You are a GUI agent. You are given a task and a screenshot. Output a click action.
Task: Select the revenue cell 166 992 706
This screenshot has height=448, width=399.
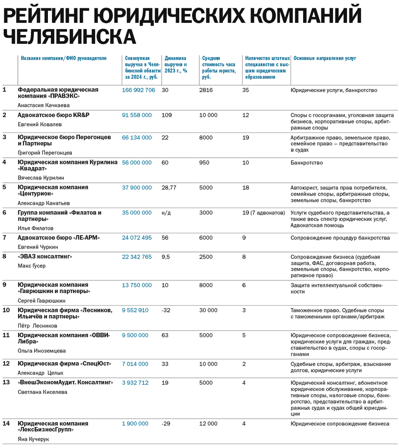tap(138, 90)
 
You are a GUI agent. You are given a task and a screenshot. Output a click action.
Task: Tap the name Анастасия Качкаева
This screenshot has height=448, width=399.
tap(43, 105)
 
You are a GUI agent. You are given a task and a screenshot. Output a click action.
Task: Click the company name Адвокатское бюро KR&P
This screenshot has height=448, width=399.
tap(53, 115)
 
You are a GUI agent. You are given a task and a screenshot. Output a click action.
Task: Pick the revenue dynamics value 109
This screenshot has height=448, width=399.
tap(167, 115)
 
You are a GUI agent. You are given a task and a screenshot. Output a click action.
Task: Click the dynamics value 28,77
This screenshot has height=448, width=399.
tap(169, 188)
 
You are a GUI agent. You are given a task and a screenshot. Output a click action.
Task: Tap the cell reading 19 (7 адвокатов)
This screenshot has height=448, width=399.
tap(263, 213)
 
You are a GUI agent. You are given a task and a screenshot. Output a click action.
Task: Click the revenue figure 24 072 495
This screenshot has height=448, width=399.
tap(137, 238)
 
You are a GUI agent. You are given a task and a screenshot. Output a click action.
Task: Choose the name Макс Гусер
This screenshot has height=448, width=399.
tap(32, 266)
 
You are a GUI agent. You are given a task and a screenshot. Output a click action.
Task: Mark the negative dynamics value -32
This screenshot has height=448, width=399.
tap(166, 310)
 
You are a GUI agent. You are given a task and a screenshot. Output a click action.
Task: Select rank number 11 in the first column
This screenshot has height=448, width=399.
tap(6, 335)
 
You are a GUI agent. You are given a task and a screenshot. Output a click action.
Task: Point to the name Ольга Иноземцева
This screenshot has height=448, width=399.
tap(42, 351)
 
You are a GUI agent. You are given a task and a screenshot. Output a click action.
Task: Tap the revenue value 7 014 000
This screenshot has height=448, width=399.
tap(135, 364)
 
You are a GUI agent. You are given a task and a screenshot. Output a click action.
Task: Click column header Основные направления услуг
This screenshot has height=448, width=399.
tap(324, 58)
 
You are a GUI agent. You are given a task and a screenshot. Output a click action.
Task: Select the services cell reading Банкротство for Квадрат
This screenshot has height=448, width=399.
tap(306, 162)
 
